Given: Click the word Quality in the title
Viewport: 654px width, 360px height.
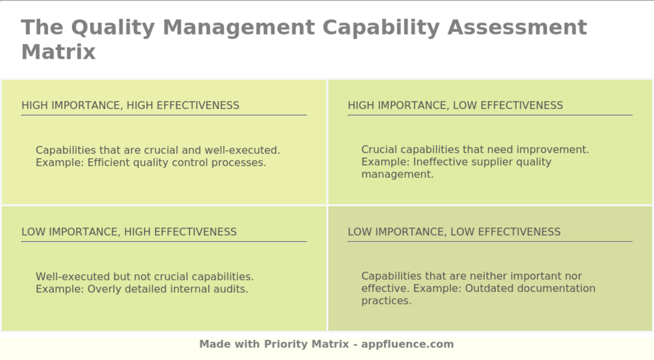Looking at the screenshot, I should click(x=112, y=27).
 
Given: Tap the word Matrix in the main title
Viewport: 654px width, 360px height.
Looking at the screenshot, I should click(x=58, y=51).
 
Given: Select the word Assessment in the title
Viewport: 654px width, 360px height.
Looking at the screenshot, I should click(x=517, y=27).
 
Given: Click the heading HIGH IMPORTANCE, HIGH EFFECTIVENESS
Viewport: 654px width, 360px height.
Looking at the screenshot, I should click(x=130, y=106).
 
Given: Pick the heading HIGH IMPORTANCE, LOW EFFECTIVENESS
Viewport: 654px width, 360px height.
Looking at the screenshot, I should click(x=455, y=106).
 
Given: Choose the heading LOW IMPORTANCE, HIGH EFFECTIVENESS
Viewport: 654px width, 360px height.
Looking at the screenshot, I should click(x=129, y=232).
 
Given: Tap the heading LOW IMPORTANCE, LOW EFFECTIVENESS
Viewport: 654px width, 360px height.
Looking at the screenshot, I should click(x=454, y=232).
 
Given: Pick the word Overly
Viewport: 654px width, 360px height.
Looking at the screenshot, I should click(x=103, y=289).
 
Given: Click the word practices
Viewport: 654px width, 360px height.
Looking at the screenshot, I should click(x=386, y=301).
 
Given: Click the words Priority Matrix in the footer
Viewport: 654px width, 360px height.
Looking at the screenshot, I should click(x=306, y=344).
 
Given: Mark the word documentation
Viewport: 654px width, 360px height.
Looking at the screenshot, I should click(x=556, y=288).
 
